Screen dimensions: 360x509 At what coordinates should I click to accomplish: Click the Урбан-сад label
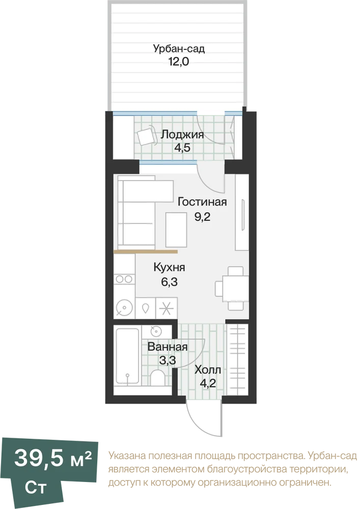tap(179, 49)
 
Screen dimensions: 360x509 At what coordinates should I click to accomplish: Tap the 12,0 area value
tap(179, 61)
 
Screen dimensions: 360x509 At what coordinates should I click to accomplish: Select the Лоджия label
tap(182, 134)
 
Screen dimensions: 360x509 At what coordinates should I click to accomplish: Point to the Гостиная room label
tap(202, 202)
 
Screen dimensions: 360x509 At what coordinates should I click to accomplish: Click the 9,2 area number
tap(202, 216)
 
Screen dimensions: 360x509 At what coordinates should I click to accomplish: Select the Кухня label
tap(169, 268)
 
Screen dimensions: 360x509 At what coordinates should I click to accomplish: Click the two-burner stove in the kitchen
tap(124, 279)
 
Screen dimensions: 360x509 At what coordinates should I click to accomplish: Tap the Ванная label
tap(168, 347)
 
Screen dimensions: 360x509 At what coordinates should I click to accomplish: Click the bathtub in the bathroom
tap(128, 357)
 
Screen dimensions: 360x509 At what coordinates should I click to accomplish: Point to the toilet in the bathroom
tap(158, 377)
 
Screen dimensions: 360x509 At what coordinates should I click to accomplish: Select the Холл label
tap(208, 370)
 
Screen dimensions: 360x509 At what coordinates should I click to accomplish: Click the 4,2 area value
tap(208, 384)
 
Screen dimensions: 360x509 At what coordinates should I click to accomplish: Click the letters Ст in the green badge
tap(36, 488)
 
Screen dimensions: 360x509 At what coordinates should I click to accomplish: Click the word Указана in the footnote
tap(127, 457)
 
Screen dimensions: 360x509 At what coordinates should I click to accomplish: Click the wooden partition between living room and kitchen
tap(146, 251)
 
